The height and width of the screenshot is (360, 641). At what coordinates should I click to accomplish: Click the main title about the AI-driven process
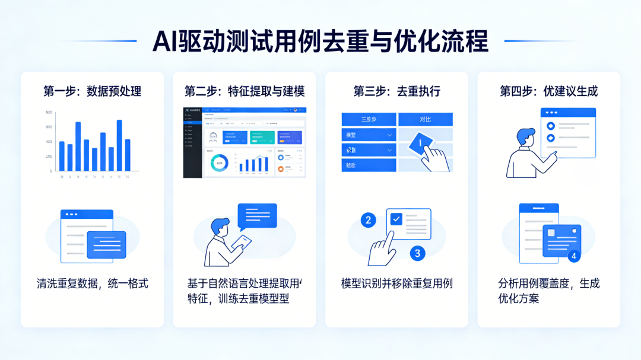click(x=320, y=42)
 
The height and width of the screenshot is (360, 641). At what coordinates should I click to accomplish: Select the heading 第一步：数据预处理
click(x=92, y=91)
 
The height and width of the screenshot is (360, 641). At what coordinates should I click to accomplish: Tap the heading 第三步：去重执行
click(x=396, y=91)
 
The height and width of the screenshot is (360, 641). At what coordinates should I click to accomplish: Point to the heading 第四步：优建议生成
click(x=548, y=91)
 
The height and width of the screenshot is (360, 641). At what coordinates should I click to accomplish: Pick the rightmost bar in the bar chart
click(x=128, y=155)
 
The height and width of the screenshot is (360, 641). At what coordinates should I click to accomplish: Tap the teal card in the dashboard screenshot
click(x=262, y=138)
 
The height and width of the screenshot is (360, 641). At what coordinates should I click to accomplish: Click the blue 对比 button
click(x=425, y=119)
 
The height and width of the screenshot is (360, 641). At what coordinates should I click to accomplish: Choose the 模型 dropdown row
click(x=369, y=135)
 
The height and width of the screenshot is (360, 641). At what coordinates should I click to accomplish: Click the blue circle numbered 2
click(x=369, y=221)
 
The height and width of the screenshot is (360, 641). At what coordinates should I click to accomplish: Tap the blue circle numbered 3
click(x=417, y=253)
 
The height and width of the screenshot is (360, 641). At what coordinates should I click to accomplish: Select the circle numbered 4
click(x=573, y=256)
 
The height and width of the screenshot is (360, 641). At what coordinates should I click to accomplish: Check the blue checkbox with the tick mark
click(x=396, y=219)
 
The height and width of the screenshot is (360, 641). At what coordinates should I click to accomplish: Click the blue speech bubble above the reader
click(x=257, y=215)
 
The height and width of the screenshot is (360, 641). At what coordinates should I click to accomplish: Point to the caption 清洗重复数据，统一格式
click(x=92, y=283)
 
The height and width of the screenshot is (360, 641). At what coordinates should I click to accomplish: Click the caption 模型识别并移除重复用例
click(x=396, y=283)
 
